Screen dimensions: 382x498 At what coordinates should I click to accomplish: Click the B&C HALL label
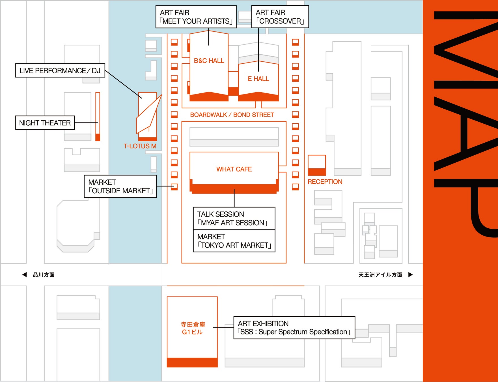[209, 61]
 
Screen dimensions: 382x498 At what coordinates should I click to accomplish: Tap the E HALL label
[258, 79]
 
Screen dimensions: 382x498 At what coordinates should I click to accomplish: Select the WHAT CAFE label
[234, 169]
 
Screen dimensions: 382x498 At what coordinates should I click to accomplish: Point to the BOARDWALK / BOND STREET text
[232, 115]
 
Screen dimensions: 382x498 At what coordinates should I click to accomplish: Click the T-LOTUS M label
[140, 146]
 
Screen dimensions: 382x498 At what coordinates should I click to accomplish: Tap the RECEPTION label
[325, 182]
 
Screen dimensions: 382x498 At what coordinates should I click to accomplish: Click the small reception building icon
[317, 165]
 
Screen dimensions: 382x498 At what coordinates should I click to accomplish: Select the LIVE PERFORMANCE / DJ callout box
[60, 70]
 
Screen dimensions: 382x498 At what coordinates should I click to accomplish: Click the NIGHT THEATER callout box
[45, 123]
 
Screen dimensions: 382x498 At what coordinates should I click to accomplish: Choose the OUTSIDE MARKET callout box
[120, 186]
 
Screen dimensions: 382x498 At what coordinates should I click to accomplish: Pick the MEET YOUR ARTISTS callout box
[196, 17]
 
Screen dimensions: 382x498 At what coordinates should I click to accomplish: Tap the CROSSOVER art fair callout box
[280, 17]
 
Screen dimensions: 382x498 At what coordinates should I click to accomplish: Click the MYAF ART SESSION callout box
[234, 218]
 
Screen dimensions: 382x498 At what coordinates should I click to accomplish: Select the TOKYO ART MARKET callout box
[234, 241]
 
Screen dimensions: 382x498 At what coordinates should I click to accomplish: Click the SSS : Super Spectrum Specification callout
[294, 328]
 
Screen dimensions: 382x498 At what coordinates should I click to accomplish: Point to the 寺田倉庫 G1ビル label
[193, 328]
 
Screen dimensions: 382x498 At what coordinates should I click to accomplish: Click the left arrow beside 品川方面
[25, 274]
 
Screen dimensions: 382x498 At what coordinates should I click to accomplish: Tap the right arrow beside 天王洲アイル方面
[411, 274]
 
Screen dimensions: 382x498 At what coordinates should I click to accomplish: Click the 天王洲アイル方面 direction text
[380, 274]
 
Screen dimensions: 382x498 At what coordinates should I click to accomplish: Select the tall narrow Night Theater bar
[98, 116]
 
